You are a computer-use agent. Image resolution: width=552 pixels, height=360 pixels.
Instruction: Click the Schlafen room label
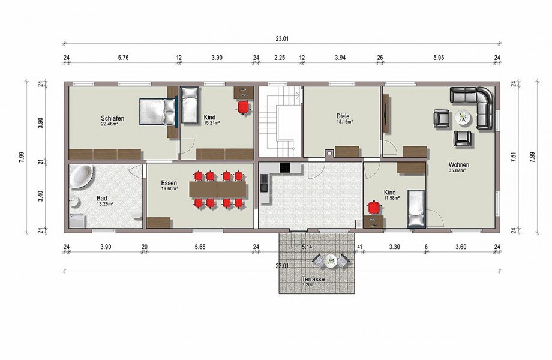112,118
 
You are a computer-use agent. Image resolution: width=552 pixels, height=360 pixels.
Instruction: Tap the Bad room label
102,199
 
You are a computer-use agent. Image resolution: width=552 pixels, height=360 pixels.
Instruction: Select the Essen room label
169,183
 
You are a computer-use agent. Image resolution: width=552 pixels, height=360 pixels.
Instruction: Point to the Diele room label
343,116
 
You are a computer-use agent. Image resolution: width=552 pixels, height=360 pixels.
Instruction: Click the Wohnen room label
459,164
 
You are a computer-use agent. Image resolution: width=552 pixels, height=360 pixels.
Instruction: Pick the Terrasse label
313,279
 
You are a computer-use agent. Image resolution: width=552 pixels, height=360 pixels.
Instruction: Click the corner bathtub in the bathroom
81,176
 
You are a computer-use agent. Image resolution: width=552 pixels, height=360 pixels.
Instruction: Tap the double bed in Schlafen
158,112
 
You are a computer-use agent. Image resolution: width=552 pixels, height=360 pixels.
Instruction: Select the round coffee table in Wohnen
462,118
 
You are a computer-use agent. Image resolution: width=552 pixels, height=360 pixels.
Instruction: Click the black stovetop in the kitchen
285,167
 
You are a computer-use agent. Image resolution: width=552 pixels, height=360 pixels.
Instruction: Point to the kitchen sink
263,184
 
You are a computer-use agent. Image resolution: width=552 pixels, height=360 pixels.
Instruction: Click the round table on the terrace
331,261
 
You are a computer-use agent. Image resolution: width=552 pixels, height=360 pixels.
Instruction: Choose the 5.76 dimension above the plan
123,58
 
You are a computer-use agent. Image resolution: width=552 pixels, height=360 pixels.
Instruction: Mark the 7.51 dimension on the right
514,157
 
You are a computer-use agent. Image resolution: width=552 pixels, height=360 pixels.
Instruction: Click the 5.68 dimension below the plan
200,247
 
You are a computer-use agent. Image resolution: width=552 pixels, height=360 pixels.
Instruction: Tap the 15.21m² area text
212,123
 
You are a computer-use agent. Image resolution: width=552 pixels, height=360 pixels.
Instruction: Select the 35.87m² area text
458,170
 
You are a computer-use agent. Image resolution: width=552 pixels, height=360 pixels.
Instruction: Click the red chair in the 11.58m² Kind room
374,207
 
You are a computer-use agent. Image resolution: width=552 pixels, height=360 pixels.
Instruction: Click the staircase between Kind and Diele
280,121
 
